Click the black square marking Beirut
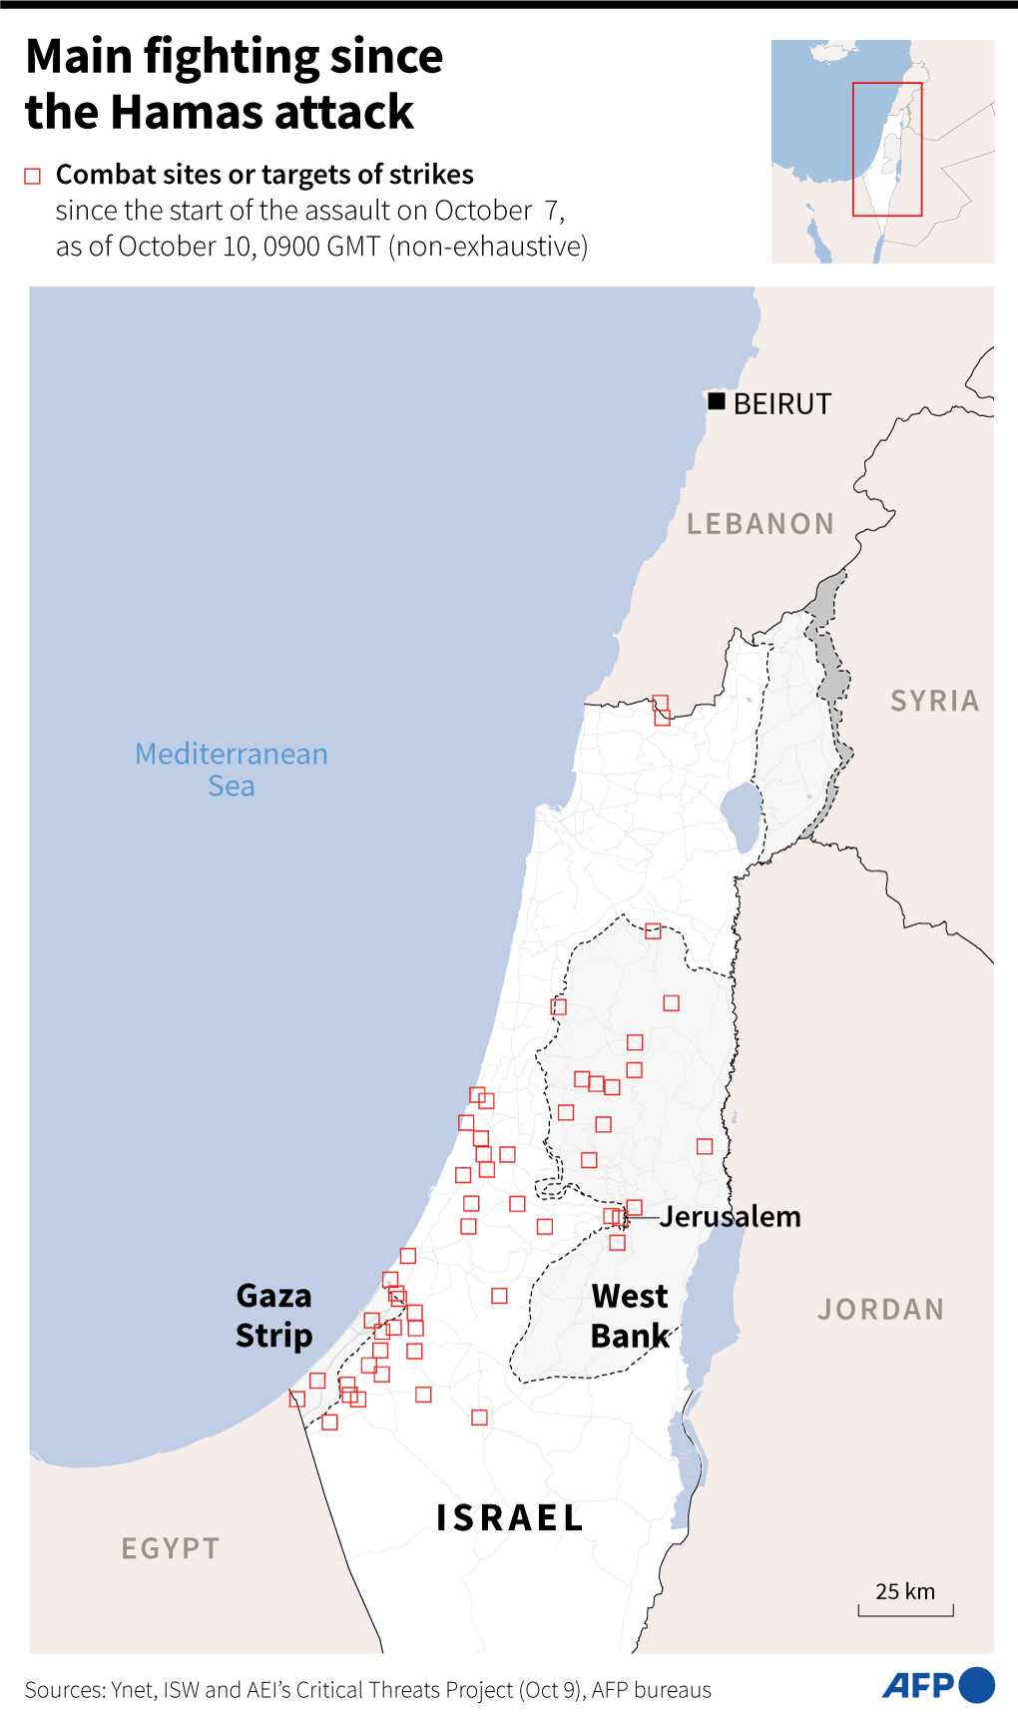tap(717, 401)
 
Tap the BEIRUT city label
tap(781, 404)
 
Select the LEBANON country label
tap(760, 524)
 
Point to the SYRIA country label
tap(934, 701)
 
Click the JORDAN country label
tap(880, 1309)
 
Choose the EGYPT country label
tap(170, 1548)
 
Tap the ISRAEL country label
tap(509, 1518)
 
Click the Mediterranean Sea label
tap(232, 770)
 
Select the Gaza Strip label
tap(273, 1316)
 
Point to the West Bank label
tap(630, 1316)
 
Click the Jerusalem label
tap(730, 1217)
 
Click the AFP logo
tap(937, 1685)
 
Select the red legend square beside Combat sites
tap(33, 177)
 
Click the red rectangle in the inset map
tap(886, 149)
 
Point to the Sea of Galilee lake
tap(741, 817)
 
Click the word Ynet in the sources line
tap(132, 1690)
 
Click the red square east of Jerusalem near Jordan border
tap(705, 1146)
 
